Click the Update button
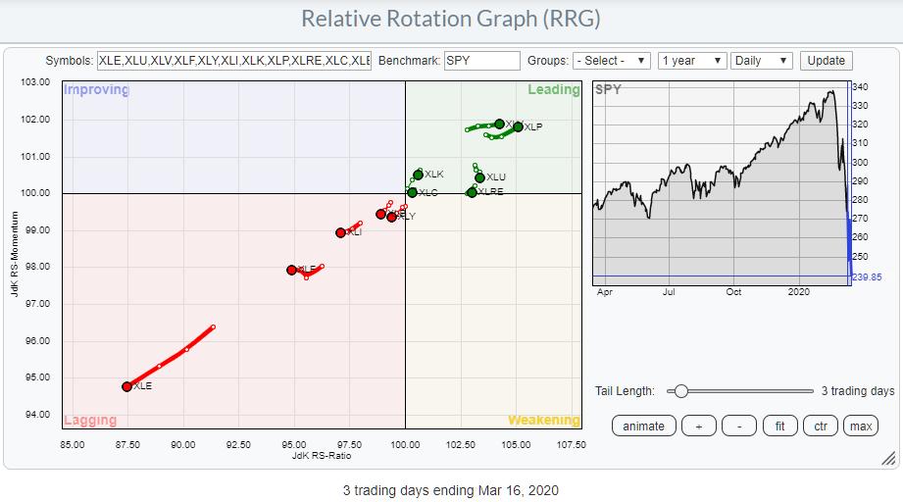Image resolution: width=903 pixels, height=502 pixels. click(x=826, y=60)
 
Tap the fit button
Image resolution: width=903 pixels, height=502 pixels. click(x=780, y=426)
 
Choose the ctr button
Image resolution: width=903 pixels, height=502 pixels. click(x=820, y=426)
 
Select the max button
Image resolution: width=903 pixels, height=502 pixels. click(x=860, y=426)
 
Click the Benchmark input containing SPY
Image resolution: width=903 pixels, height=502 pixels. click(x=481, y=60)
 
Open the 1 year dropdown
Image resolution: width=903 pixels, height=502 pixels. click(x=693, y=60)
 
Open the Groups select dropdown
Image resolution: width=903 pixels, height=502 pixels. click(x=612, y=60)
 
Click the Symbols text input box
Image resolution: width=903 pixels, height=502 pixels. click(x=233, y=60)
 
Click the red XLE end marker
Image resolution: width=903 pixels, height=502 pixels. click(x=126, y=386)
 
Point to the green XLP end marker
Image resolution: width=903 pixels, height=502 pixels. click(x=518, y=126)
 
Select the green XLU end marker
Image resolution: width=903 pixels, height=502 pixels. click(x=479, y=177)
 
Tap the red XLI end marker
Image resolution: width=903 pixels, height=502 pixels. click(x=340, y=232)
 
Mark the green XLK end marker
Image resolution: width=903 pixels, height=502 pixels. click(x=419, y=175)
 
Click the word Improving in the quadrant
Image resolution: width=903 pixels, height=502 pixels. click(x=96, y=90)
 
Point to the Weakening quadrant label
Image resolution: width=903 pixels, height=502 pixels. click(x=543, y=420)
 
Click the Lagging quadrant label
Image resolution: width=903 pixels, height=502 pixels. click(x=90, y=420)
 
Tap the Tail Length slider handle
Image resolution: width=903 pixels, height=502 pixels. click(x=680, y=391)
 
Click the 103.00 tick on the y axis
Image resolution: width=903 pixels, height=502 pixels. click(x=35, y=82)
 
